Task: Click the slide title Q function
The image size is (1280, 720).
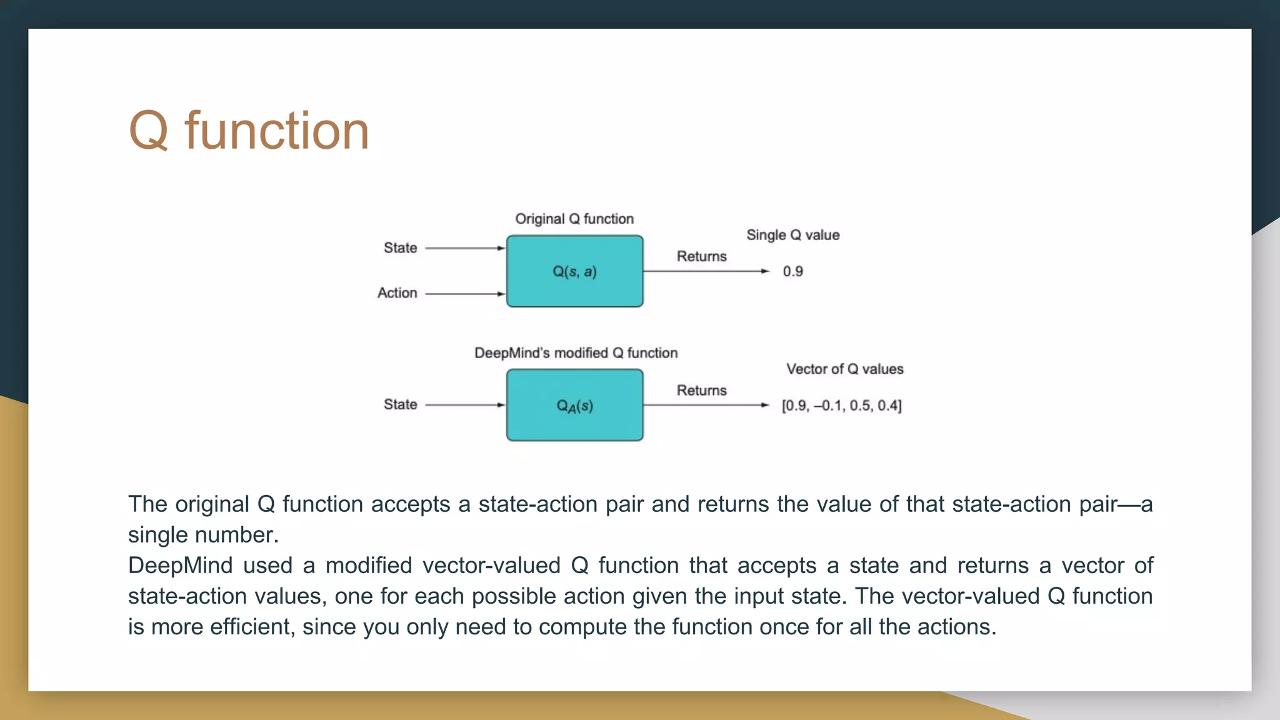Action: pos(249,131)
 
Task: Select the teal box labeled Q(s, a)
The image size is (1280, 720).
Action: pos(574,271)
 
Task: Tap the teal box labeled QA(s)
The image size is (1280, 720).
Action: pos(574,406)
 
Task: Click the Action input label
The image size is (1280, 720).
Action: pos(397,293)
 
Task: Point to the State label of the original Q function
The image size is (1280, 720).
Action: pos(400,248)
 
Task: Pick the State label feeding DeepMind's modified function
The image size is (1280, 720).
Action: pos(400,405)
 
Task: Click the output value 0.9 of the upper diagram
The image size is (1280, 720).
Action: pos(792,272)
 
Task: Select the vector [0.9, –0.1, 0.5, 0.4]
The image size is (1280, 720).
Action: pos(841,406)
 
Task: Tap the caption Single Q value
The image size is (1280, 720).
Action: pos(792,236)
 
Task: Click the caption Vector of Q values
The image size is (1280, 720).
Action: pos(844,369)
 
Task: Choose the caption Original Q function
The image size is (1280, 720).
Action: pos(574,219)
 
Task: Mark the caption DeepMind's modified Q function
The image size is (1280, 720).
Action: pos(576,353)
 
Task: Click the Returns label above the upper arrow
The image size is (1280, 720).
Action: pos(701,257)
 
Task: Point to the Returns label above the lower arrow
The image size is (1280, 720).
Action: pos(701,391)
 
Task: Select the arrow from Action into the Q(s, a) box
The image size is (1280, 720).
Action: pos(464,294)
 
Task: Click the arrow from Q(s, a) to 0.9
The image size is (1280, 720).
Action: pos(705,271)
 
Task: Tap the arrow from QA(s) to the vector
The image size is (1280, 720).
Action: pos(705,405)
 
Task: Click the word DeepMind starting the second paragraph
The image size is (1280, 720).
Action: pos(180,566)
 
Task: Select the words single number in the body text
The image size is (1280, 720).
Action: pos(202,535)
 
